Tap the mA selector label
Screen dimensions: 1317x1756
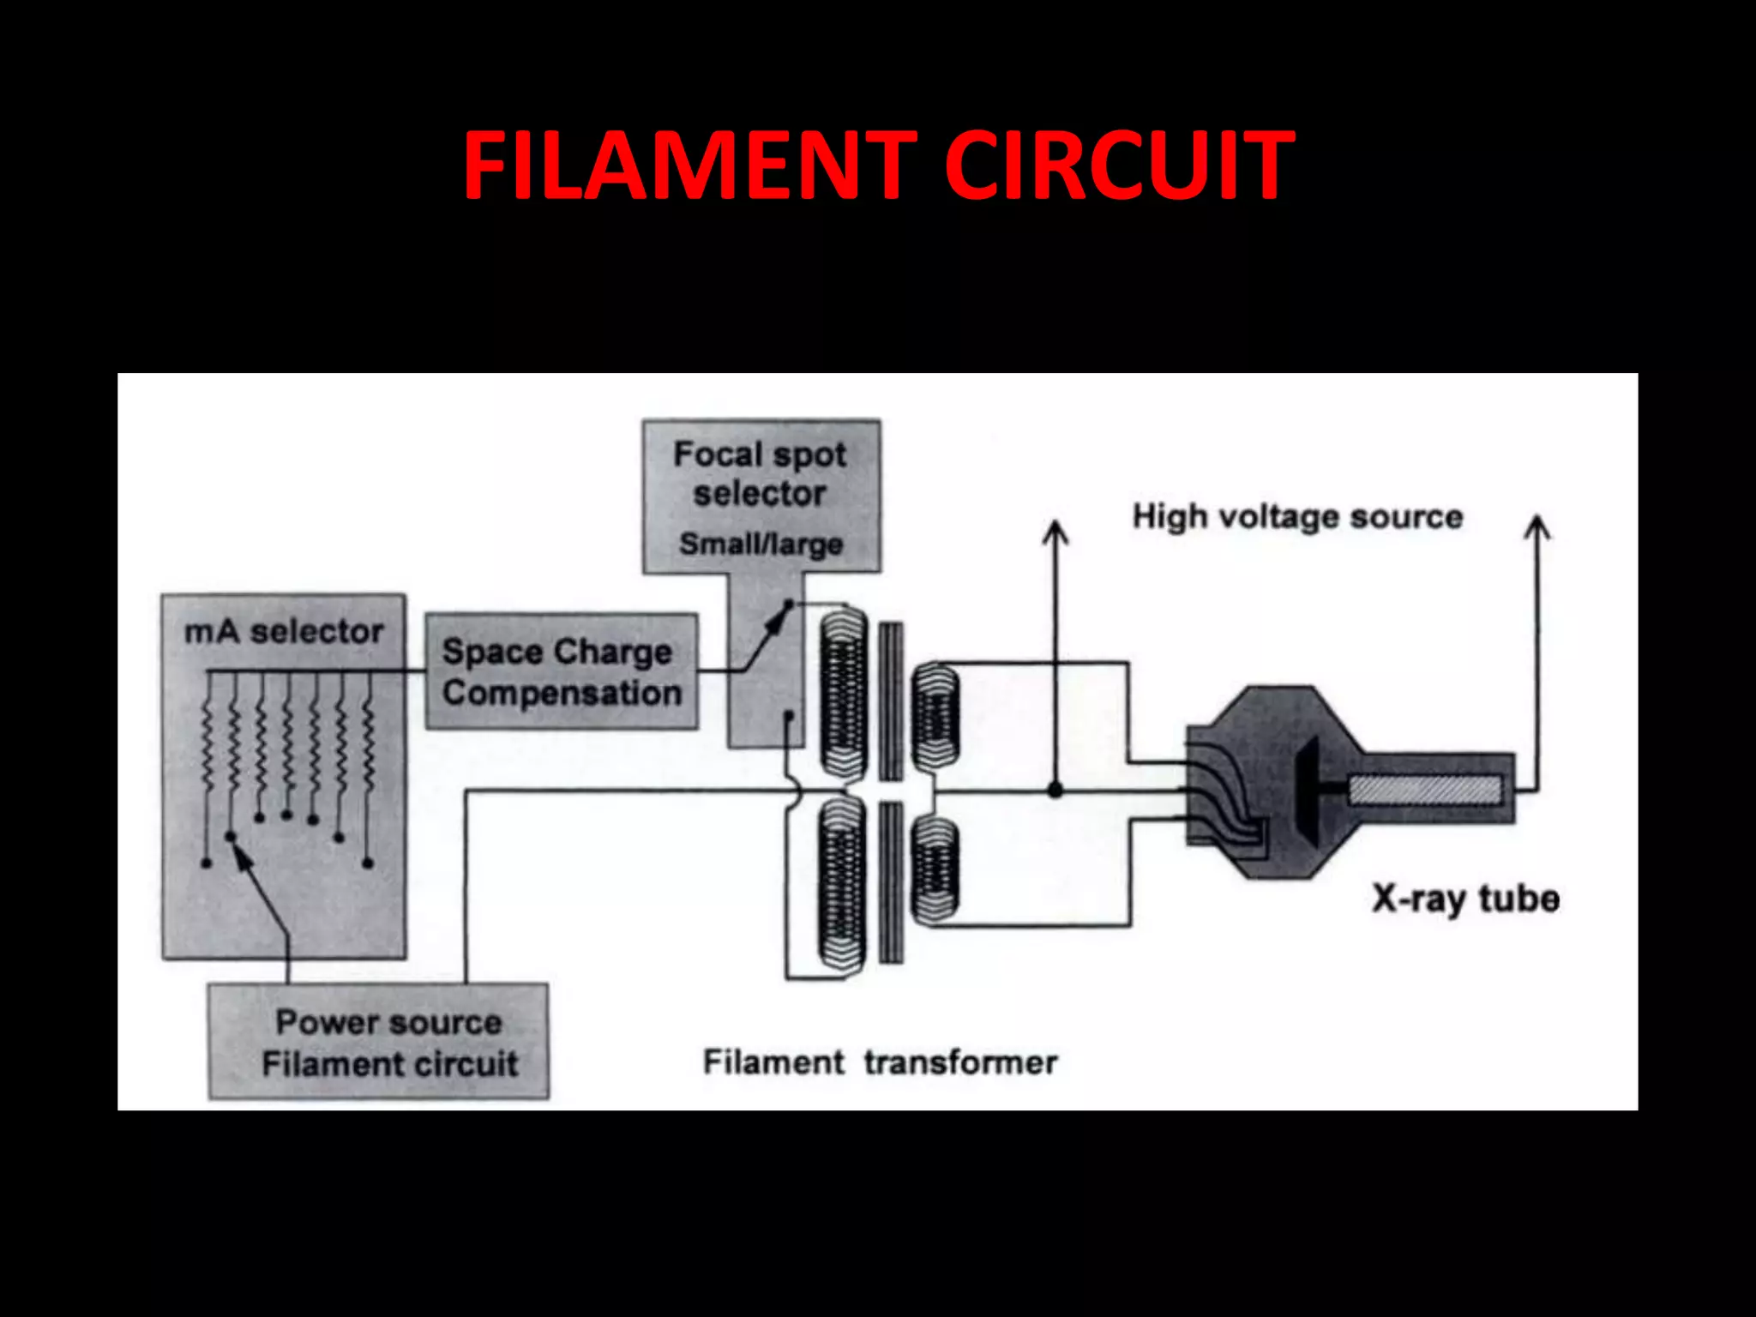284,632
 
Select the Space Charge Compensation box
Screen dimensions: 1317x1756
562,671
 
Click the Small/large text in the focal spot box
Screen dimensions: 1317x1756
761,544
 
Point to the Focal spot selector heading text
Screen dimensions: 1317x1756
760,473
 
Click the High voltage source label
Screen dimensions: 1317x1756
1297,517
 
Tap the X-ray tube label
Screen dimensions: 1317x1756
1464,899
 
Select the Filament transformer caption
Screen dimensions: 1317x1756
880,1062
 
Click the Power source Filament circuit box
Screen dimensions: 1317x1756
378,1041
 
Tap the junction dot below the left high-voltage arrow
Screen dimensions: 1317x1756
1055,790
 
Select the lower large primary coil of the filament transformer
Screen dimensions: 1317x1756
843,883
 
